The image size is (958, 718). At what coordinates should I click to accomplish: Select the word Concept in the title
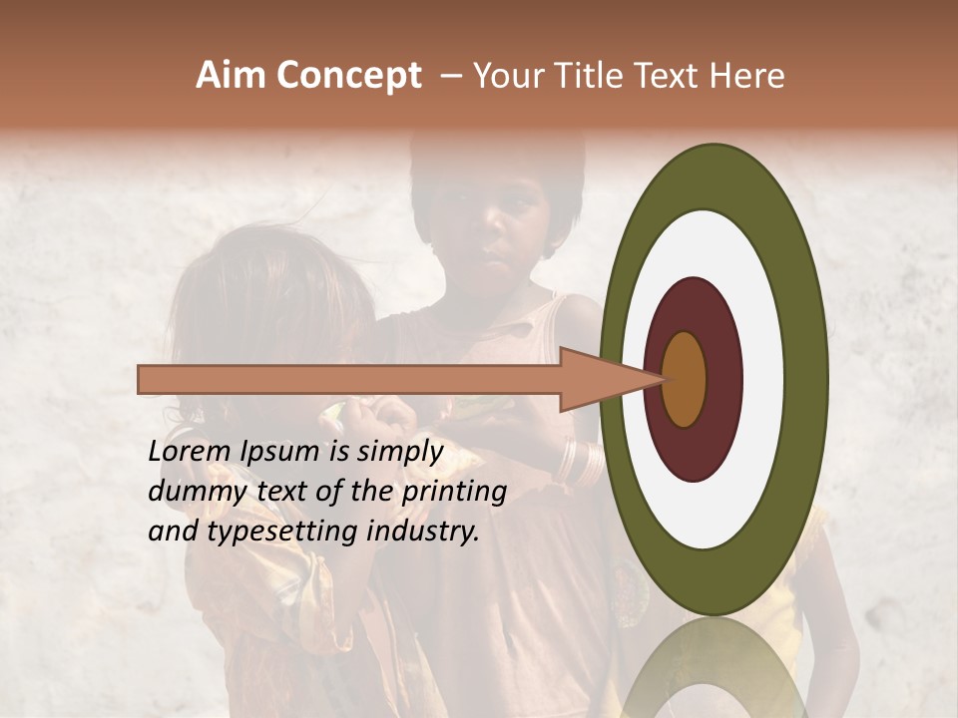pyautogui.click(x=348, y=77)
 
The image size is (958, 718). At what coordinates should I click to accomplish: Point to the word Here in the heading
pyautogui.click(x=747, y=76)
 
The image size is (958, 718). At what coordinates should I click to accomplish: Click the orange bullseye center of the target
pyautogui.click(x=684, y=379)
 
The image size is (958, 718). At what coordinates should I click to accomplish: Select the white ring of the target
pyautogui.click(x=763, y=379)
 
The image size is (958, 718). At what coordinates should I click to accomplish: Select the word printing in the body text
pyautogui.click(x=455, y=493)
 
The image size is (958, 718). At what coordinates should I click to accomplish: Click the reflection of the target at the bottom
pyautogui.click(x=713, y=668)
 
